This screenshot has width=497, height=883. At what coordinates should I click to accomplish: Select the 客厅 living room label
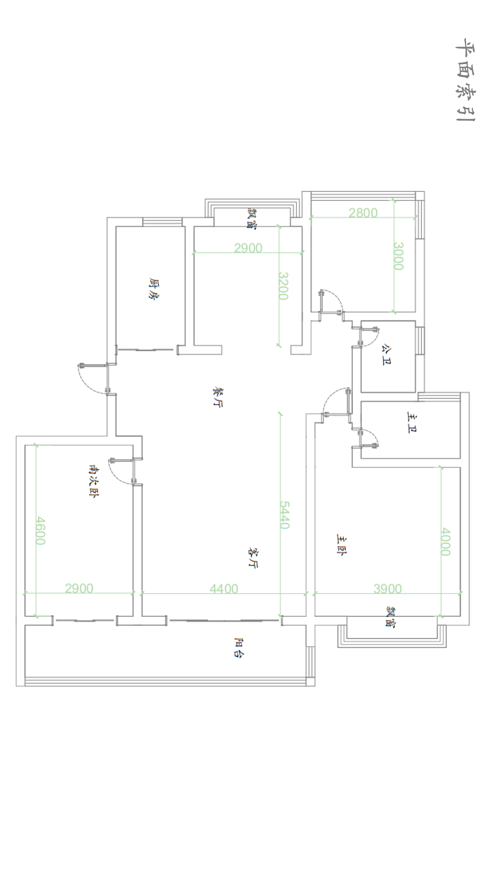pos(253,558)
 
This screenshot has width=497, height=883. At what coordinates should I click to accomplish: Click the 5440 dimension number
pos(285,515)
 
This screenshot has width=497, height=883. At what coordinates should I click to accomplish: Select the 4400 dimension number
pos(224,589)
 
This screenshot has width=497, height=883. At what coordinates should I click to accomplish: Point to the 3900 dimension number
pos(387,589)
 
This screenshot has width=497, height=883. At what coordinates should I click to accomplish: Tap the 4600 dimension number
pos(40,531)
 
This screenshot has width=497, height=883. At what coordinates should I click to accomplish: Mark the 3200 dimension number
pos(283,286)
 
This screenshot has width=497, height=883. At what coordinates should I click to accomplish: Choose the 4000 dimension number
pos(445,542)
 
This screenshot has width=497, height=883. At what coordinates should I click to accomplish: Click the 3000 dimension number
pos(398,256)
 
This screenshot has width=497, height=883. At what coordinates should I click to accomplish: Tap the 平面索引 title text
pos(465,80)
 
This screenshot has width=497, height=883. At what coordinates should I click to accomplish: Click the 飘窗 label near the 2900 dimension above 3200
pos(252,218)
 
